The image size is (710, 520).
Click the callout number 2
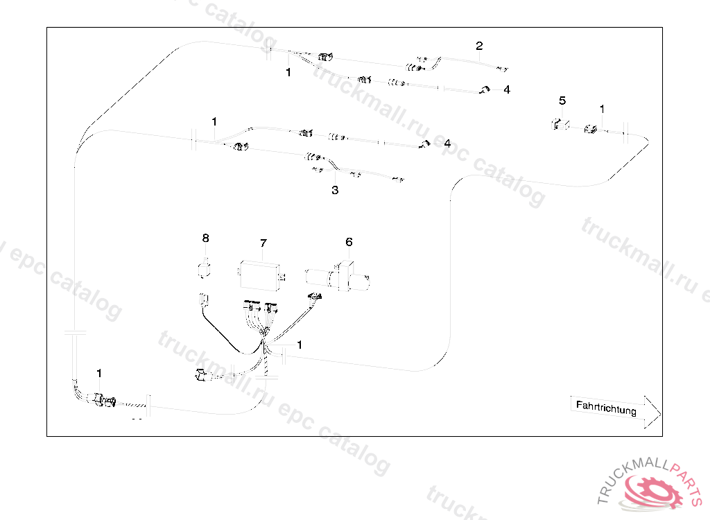click(x=479, y=46)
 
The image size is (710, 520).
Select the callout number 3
click(x=335, y=190)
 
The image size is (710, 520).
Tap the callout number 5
click(x=562, y=101)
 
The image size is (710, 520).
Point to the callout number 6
click(x=349, y=242)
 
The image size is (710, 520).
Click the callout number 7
click(x=263, y=243)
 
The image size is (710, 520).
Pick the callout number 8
click(x=205, y=238)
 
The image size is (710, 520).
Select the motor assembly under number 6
click(x=340, y=275)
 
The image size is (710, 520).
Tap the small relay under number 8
click(x=205, y=268)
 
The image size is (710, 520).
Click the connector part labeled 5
click(x=557, y=125)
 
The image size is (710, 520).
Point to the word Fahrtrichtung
click(x=606, y=408)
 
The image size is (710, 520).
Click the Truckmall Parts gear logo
click(x=652, y=489)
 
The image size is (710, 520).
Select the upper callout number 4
click(x=507, y=90)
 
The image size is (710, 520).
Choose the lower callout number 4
click(x=447, y=144)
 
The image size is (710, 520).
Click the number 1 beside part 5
click(x=602, y=109)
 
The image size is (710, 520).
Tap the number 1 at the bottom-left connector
click(x=99, y=374)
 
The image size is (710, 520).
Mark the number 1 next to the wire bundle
click(x=299, y=344)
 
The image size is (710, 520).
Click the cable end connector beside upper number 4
click(x=485, y=89)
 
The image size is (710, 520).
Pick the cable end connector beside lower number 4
click(x=424, y=144)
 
